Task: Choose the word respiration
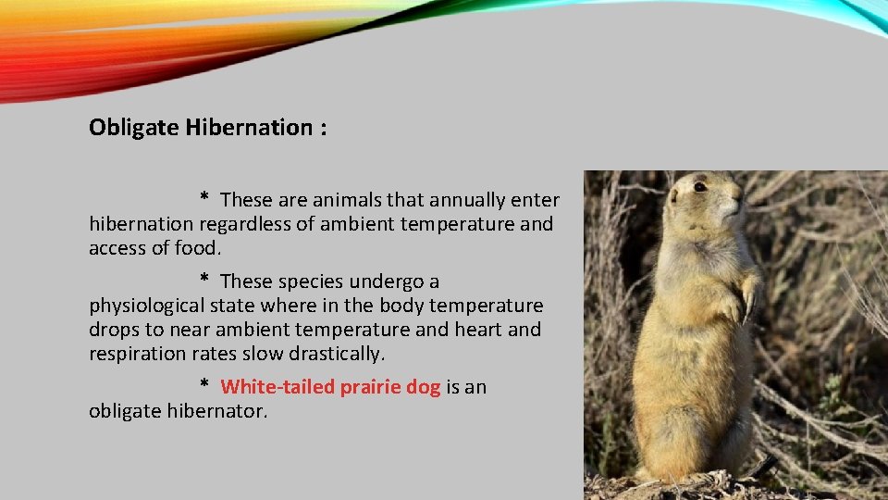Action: (133, 354)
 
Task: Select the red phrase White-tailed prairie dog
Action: (330, 387)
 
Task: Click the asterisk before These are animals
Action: (204, 199)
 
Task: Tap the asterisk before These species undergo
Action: (204, 281)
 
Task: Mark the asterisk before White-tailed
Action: (204, 386)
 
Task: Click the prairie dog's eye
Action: (700, 187)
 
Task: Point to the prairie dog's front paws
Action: (740, 301)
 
